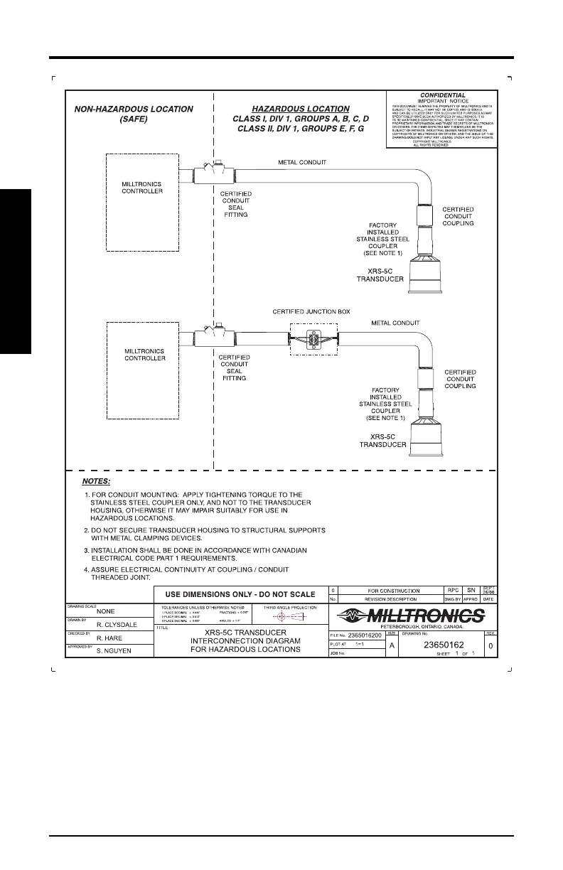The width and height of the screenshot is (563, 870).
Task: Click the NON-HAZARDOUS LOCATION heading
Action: [134, 109]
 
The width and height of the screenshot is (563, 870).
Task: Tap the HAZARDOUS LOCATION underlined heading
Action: [301, 109]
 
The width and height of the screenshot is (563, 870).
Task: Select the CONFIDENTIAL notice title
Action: [442, 95]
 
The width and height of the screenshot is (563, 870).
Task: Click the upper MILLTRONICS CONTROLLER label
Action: [142, 187]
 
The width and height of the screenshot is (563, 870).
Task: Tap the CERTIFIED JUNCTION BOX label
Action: [311, 311]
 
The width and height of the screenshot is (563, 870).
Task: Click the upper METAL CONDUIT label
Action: [302, 163]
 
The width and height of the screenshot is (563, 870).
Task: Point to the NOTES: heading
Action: [97, 481]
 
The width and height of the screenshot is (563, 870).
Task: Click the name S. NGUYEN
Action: [115, 650]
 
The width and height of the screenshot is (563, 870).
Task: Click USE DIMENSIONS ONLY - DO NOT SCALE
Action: [240, 594]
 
